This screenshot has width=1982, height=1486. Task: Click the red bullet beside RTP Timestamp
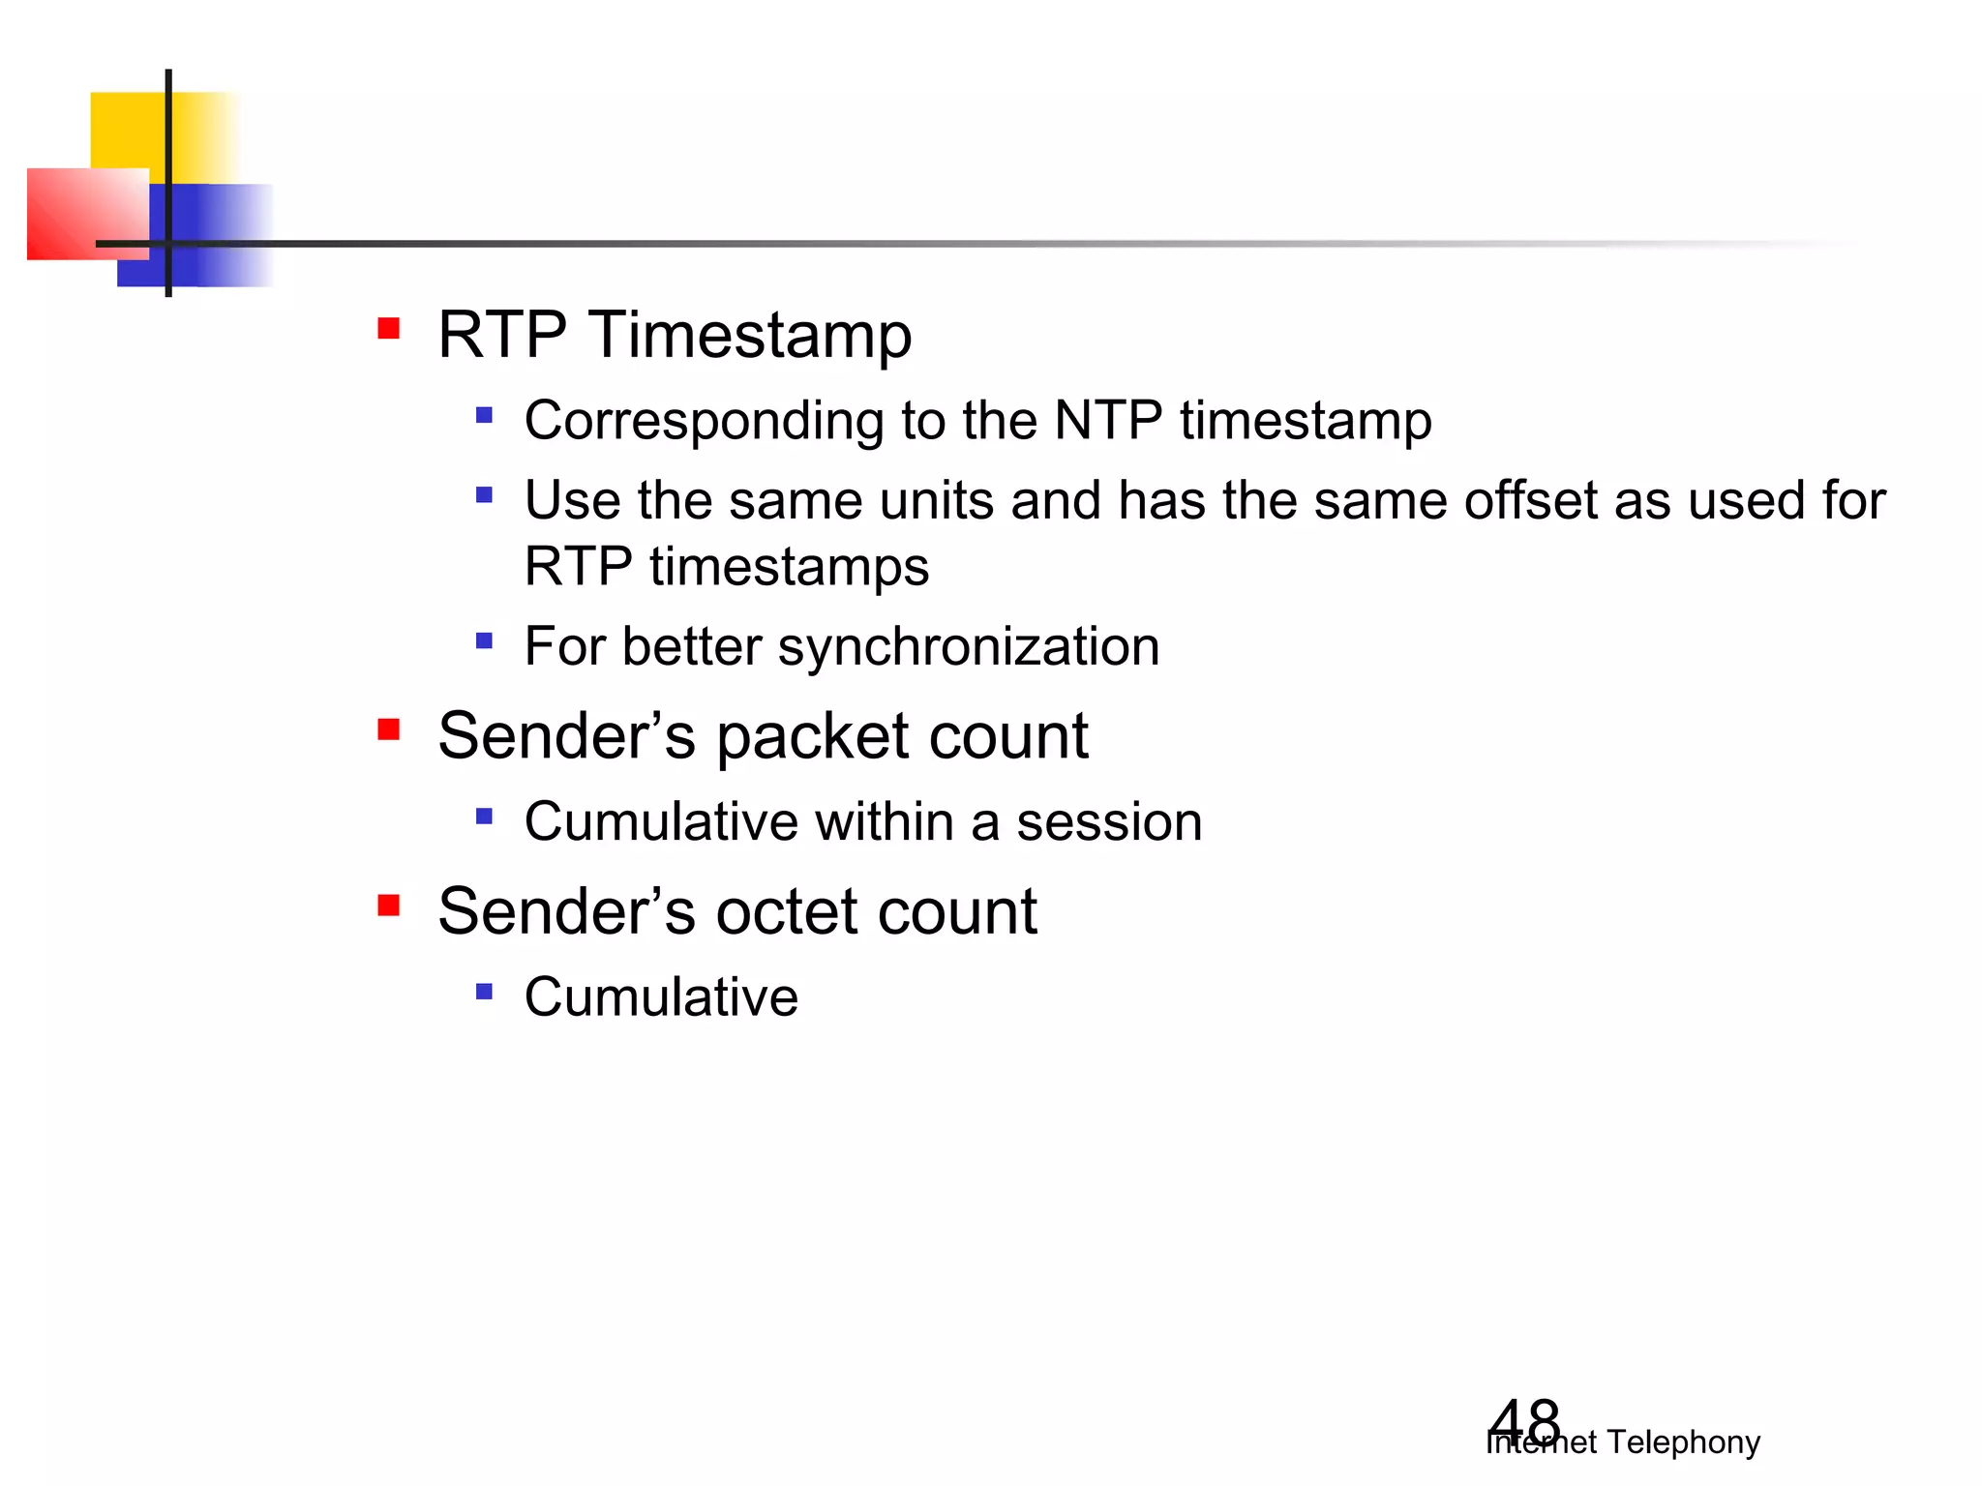pos(389,329)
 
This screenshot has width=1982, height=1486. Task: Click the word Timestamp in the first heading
pos(750,336)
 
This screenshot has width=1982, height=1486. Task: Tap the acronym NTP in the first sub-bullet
pos(1107,421)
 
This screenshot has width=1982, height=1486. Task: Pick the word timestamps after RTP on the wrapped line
pos(789,567)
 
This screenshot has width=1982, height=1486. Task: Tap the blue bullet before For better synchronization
pos(485,640)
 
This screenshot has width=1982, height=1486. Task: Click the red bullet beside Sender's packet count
pos(389,729)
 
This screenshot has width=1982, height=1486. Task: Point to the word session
pos(1109,822)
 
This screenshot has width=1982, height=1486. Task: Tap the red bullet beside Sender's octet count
pos(389,906)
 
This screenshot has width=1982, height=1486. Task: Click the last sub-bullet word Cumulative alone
pos(661,997)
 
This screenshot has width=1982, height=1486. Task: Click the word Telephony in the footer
pos(1683,1442)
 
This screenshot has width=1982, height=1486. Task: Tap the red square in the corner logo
pos(77,213)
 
